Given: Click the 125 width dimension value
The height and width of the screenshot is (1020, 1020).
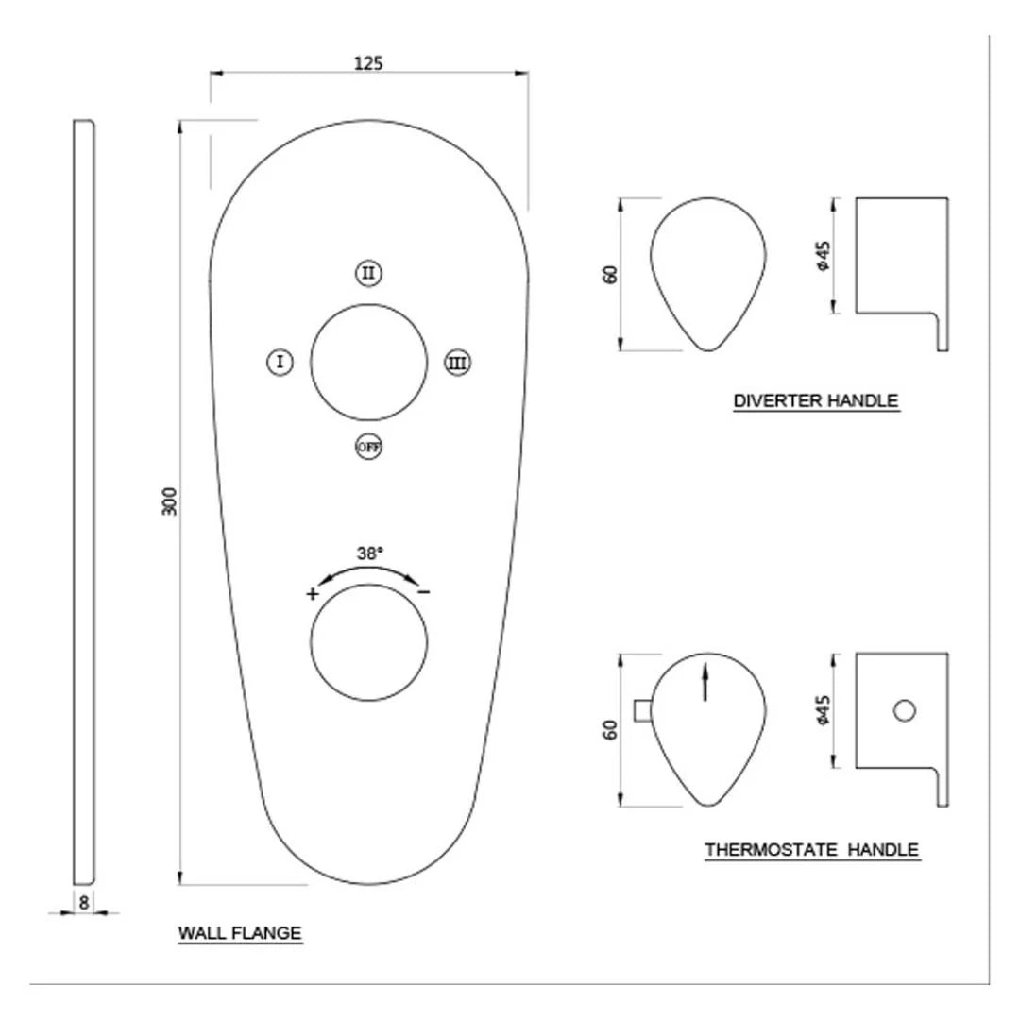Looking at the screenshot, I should click(x=368, y=63).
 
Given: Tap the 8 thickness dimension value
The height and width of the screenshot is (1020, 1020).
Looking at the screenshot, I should click(x=84, y=902).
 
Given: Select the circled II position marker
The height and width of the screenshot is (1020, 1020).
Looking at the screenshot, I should click(x=368, y=274).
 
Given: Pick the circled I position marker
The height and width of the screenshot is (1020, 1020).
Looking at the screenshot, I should click(x=280, y=361).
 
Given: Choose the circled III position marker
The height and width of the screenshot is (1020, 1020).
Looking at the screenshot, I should click(x=458, y=362).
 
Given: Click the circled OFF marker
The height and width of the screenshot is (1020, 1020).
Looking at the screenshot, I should click(x=368, y=447).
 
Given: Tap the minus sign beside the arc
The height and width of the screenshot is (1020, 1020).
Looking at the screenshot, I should click(x=424, y=592).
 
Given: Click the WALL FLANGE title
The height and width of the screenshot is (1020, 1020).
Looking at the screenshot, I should click(x=240, y=933).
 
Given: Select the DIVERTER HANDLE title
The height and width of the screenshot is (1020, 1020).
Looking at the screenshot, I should click(x=816, y=401).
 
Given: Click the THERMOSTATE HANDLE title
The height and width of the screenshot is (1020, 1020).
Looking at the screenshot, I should click(x=812, y=850).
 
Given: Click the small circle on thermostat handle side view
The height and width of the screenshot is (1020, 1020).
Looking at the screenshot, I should click(x=905, y=711).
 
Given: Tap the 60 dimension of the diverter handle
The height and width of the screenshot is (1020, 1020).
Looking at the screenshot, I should click(x=611, y=274).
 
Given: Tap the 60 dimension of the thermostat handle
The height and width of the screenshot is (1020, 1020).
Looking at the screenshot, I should click(x=611, y=730).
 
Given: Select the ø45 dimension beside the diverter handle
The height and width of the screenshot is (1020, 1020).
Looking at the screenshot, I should click(x=824, y=256).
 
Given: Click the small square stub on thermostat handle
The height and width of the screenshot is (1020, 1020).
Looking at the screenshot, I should click(x=641, y=711).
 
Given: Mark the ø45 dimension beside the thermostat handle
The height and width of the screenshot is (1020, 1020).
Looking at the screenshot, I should click(x=824, y=710).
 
